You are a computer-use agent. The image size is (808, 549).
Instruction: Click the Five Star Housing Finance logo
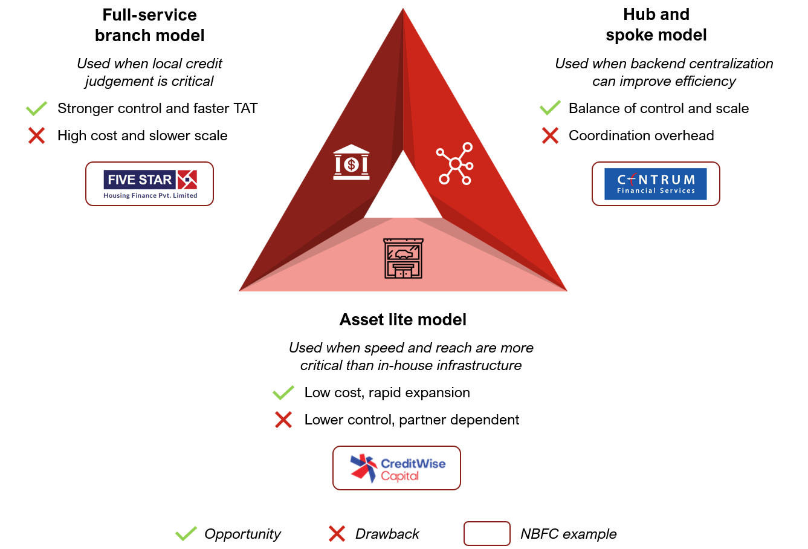tap(150, 184)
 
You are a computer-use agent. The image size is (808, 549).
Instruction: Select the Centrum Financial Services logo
tap(656, 184)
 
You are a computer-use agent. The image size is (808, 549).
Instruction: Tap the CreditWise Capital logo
tap(397, 468)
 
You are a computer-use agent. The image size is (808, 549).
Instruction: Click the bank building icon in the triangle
tap(351, 162)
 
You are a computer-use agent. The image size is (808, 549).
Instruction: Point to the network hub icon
tap(454, 163)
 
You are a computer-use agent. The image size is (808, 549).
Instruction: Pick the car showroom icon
tap(403, 258)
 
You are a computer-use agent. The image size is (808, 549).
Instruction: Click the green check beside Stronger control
tap(37, 109)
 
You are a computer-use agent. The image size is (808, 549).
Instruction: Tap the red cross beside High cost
tap(37, 136)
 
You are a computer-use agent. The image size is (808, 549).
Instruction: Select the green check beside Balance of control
tap(550, 109)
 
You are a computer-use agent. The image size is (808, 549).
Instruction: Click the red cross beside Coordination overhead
tap(550, 136)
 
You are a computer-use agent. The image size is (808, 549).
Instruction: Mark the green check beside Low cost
tap(283, 393)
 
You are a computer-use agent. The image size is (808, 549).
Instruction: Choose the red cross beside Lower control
tap(283, 420)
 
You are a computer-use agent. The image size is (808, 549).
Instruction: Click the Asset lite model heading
tap(403, 320)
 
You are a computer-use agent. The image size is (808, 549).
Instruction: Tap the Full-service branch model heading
tap(150, 25)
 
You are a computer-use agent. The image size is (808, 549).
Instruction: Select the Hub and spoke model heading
tap(656, 25)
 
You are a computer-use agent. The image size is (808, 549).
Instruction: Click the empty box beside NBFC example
tap(487, 534)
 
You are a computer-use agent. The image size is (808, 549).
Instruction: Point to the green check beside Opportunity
tap(186, 534)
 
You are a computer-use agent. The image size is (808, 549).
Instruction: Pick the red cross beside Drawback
tap(337, 534)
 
